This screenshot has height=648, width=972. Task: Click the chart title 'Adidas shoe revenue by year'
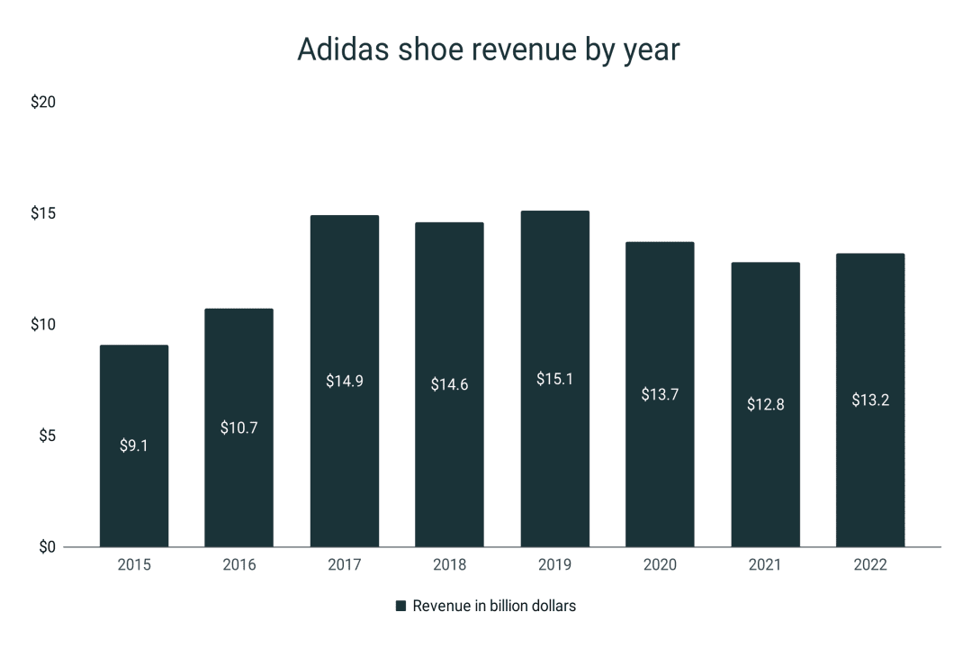488,50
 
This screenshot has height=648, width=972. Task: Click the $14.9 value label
345,381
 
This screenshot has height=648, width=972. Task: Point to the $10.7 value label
239,427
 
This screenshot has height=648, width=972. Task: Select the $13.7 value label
660,394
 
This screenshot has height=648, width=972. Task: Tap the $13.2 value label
870,400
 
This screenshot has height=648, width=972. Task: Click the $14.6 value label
449,384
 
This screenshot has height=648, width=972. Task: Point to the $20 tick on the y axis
43,103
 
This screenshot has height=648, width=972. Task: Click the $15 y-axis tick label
43,213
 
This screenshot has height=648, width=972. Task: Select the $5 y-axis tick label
47,436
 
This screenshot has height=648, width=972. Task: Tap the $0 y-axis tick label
47,547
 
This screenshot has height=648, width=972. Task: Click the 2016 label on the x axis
239,565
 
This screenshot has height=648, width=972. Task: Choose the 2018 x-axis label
449,565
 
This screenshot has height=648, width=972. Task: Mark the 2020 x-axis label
660,565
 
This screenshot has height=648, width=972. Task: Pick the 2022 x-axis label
870,565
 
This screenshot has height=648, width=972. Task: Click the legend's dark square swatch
400,607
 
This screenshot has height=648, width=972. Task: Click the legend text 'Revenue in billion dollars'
494,607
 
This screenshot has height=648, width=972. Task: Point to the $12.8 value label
765,404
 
